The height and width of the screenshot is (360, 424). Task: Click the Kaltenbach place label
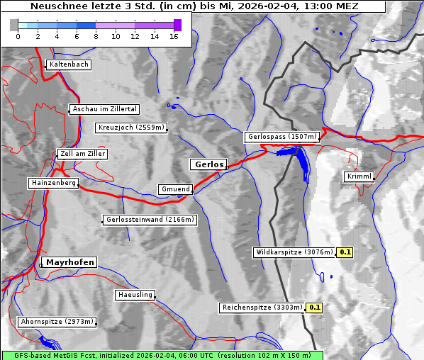click(x=69, y=64)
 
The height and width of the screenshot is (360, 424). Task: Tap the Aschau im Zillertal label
click(x=105, y=109)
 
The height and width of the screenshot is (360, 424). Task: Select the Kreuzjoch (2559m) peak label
click(x=132, y=128)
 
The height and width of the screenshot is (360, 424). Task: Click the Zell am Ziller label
click(x=83, y=154)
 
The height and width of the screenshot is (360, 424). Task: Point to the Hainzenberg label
click(x=53, y=183)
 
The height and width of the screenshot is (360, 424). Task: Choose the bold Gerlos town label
click(x=208, y=164)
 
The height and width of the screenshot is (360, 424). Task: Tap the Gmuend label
click(x=175, y=189)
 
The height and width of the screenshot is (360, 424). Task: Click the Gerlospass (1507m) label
click(x=282, y=137)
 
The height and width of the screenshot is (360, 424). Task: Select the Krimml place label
click(x=359, y=176)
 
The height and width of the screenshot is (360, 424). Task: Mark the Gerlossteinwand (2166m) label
click(x=149, y=220)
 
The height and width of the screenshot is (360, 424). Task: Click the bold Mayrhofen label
click(x=70, y=262)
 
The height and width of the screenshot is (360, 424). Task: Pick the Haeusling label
click(x=135, y=294)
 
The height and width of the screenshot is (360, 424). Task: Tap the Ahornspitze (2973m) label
click(x=57, y=322)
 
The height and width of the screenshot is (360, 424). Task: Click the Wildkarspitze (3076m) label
click(x=294, y=252)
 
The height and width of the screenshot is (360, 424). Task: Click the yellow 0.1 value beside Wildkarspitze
click(x=345, y=252)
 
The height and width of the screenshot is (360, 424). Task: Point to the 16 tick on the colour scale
click(x=174, y=36)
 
